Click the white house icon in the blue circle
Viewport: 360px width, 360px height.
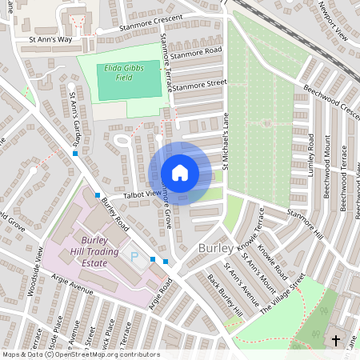point(179,173)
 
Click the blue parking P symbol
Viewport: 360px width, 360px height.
point(134,258)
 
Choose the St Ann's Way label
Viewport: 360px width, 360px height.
point(50,38)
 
